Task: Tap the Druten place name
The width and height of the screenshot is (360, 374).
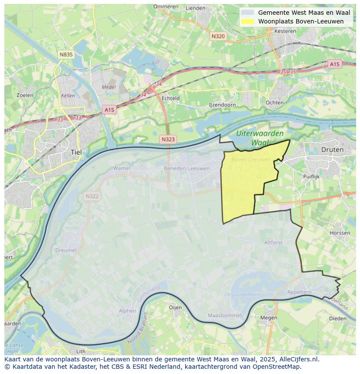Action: click(x=332, y=149)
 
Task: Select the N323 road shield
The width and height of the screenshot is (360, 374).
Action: click(x=168, y=139)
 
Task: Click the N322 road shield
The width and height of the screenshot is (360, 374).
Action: click(x=92, y=196)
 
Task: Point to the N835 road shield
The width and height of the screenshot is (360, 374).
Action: click(x=66, y=54)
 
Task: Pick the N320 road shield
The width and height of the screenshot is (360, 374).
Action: click(x=218, y=36)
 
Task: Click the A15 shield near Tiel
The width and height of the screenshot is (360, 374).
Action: click(x=109, y=110)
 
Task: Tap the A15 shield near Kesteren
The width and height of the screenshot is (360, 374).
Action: click(x=334, y=64)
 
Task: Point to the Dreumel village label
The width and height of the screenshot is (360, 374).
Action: click(x=66, y=250)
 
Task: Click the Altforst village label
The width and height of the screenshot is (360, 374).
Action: click(x=273, y=242)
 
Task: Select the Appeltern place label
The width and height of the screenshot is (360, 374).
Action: click(x=300, y=292)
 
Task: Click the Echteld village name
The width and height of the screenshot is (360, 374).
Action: click(x=170, y=98)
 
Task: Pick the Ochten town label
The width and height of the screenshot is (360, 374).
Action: click(x=274, y=103)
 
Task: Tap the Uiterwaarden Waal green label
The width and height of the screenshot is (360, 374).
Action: click(x=260, y=138)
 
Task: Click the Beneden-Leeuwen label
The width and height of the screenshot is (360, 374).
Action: click(x=187, y=169)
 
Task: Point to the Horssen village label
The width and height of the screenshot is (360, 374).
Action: click(x=340, y=233)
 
